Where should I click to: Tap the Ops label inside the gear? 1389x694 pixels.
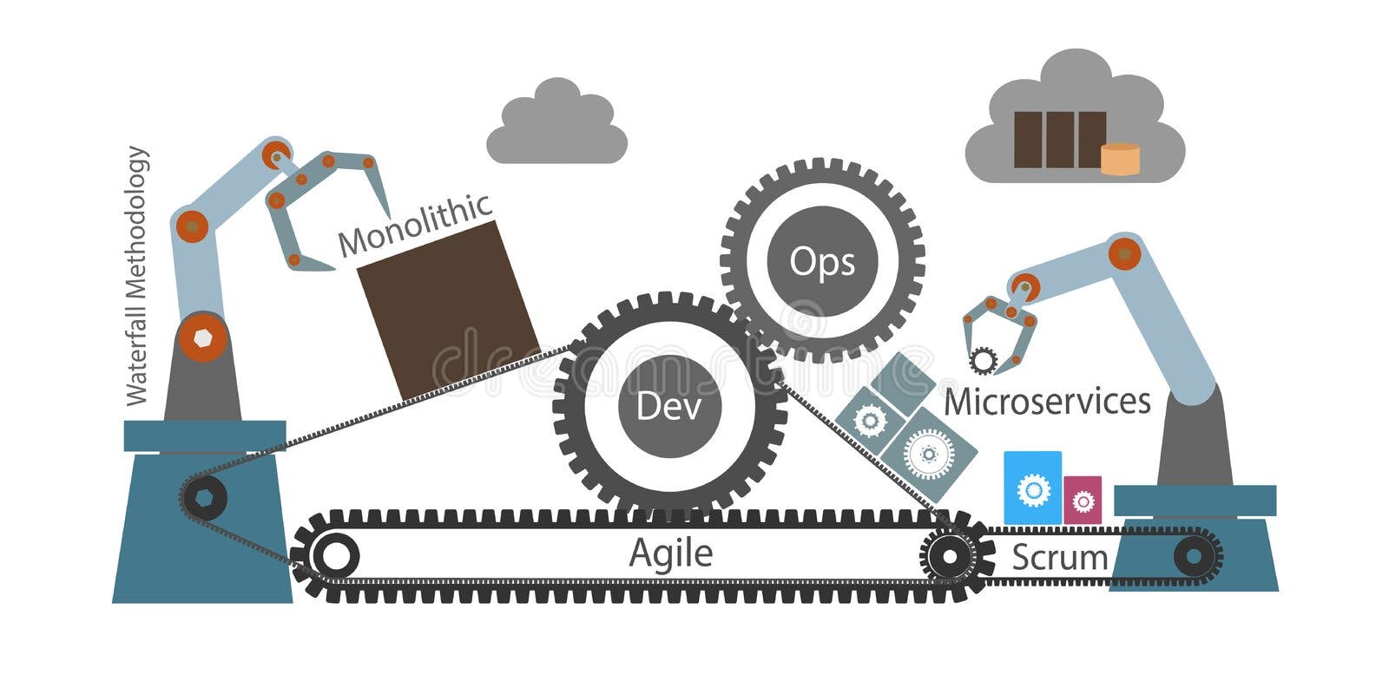click(822, 262)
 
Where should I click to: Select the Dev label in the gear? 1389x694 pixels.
click(668, 406)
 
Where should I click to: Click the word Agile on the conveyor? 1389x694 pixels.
click(670, 553)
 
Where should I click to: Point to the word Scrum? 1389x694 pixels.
click(1060, 557)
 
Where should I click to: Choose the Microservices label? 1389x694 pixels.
click(1047, 402)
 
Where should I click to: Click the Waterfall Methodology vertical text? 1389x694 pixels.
click(137, 276)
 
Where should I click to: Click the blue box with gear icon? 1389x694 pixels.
click(1032, 488)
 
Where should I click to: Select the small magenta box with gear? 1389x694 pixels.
click(1083, 501)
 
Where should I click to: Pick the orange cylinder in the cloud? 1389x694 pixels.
click(1120, 159)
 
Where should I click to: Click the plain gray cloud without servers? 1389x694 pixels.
click(556, 126)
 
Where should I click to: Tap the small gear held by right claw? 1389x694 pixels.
click(984, 359)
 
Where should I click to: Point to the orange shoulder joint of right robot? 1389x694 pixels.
click(1124, 253)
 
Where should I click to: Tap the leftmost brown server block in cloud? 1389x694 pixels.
click(1028, 140)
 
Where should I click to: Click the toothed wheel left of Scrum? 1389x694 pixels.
click(949, 553)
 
